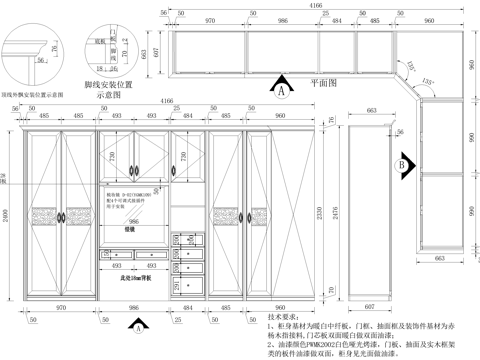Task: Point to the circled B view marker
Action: (x=399, y=164)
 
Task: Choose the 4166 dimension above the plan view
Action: (x=315, y=6)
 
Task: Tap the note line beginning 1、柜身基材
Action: (x=370, y=326)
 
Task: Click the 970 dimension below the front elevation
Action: (x=60, y=308)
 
